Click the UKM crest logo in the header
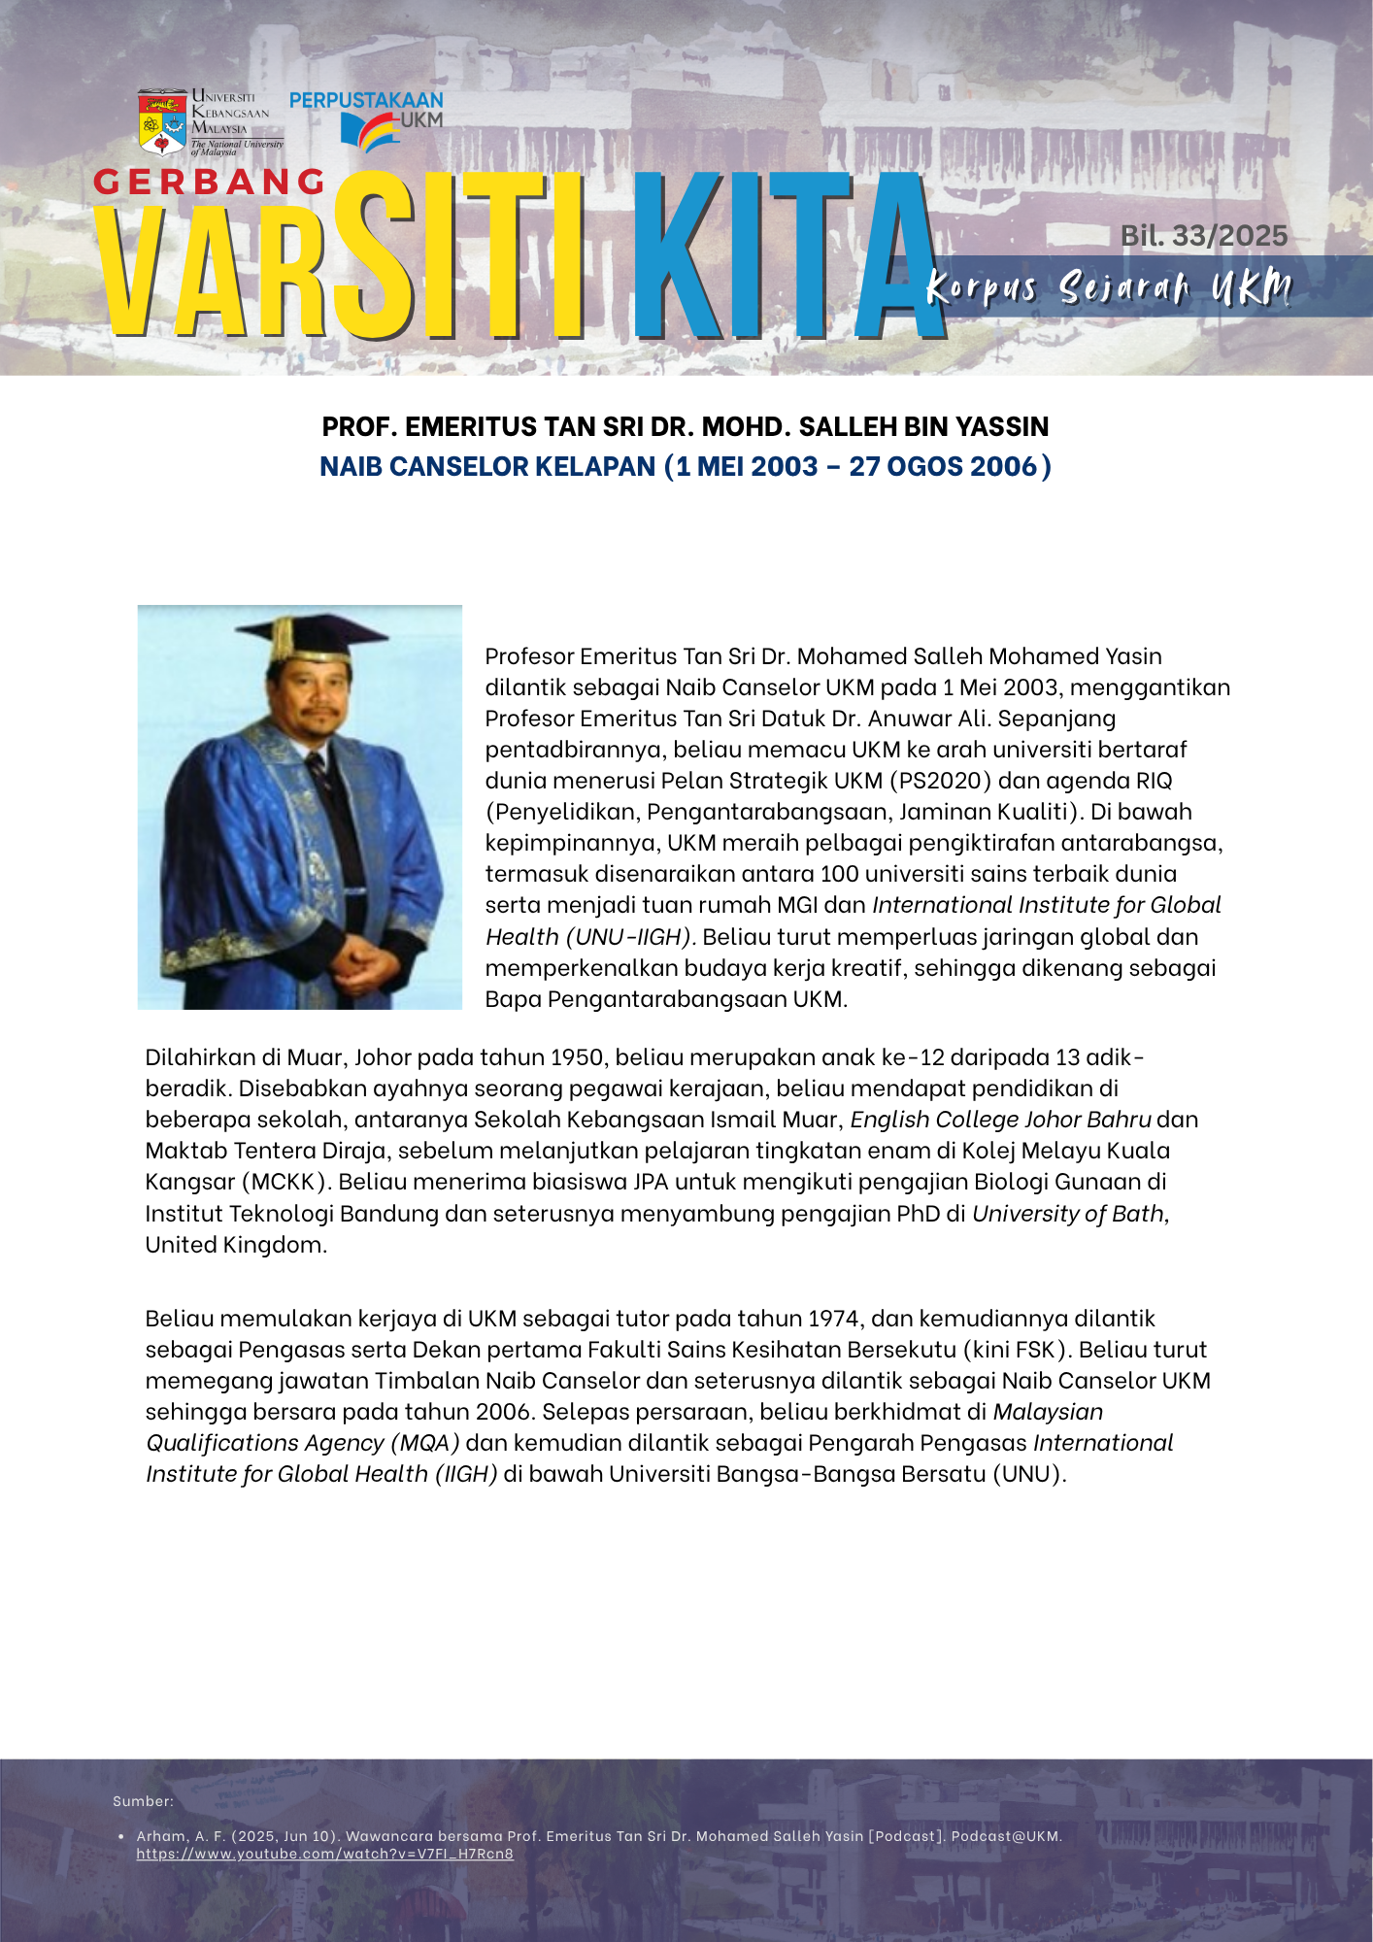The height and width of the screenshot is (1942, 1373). click(162, 123)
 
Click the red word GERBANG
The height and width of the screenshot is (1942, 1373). click(210, 182)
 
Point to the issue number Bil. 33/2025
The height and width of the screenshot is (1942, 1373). click(1204, 236)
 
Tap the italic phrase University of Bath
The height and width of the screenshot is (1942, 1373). click(1069, 1214)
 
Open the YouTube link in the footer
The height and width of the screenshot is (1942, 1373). click(324, 1854)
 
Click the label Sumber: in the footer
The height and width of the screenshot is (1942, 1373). click(143, 1801)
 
